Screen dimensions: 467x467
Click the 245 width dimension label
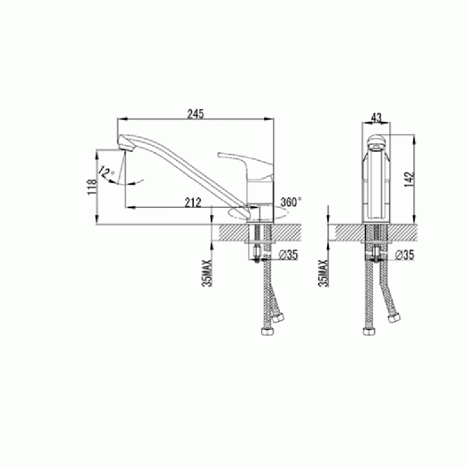tap(196, 114)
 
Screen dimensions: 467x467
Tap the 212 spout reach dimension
tap(193, 203)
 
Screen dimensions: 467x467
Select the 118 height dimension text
tap(92, 187)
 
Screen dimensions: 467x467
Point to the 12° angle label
tap(106, 172)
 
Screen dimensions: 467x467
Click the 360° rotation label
tap(291, 202)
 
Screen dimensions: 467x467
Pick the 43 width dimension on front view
tap(377, 118)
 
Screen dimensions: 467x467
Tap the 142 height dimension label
tap(410, 179)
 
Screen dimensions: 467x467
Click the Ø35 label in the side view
tap(288, 255)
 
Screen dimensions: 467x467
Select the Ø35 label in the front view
tap(405, 255)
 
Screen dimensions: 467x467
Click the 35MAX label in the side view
tap(207, 273)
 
